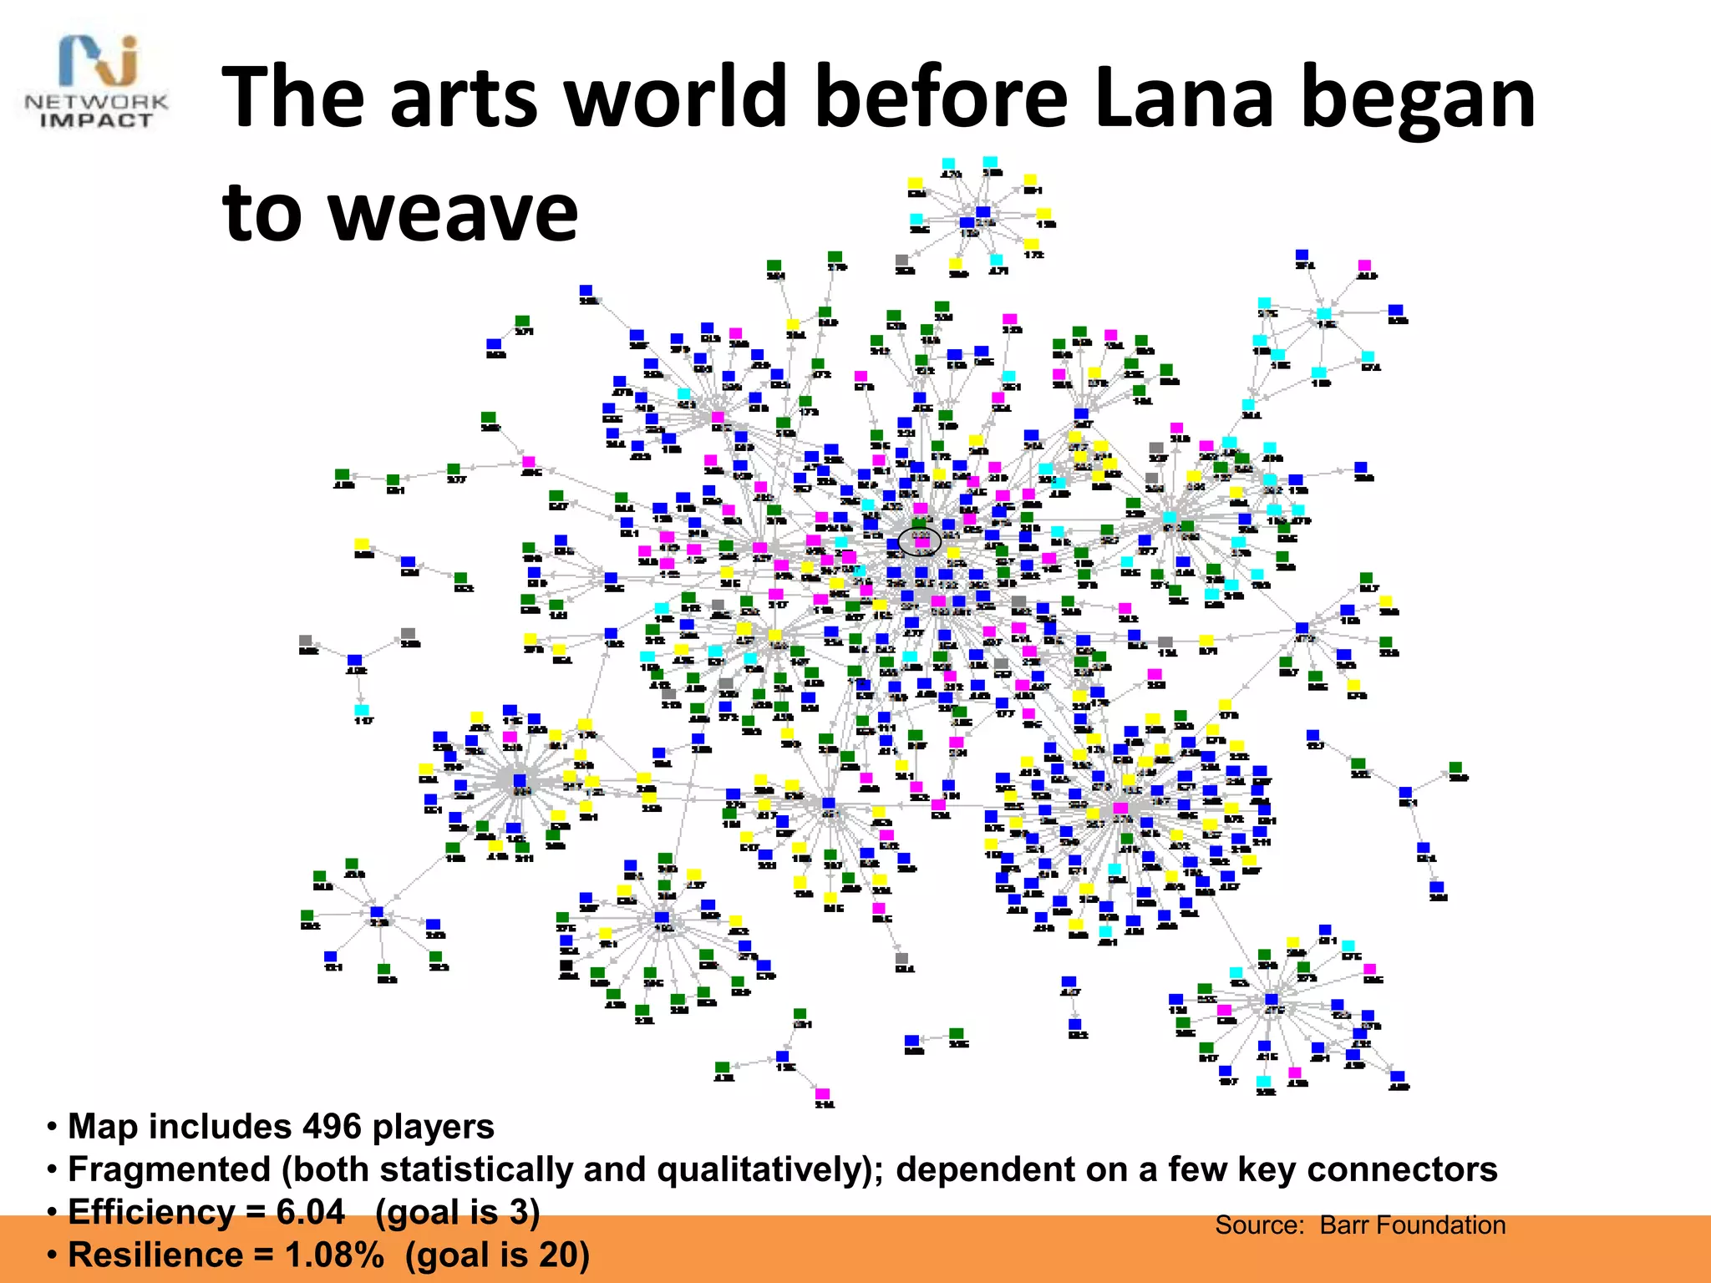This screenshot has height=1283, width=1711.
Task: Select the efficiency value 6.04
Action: [310, 1212]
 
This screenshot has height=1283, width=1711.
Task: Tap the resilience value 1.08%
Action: [334, 1255]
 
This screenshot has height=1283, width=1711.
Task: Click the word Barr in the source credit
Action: [1343, 1225]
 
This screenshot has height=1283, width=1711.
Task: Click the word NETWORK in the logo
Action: [97, 103]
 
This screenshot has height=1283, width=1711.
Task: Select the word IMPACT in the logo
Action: [97, 121]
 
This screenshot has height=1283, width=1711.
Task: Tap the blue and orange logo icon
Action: [99, 60]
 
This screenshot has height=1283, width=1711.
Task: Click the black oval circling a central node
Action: [920, 541]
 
